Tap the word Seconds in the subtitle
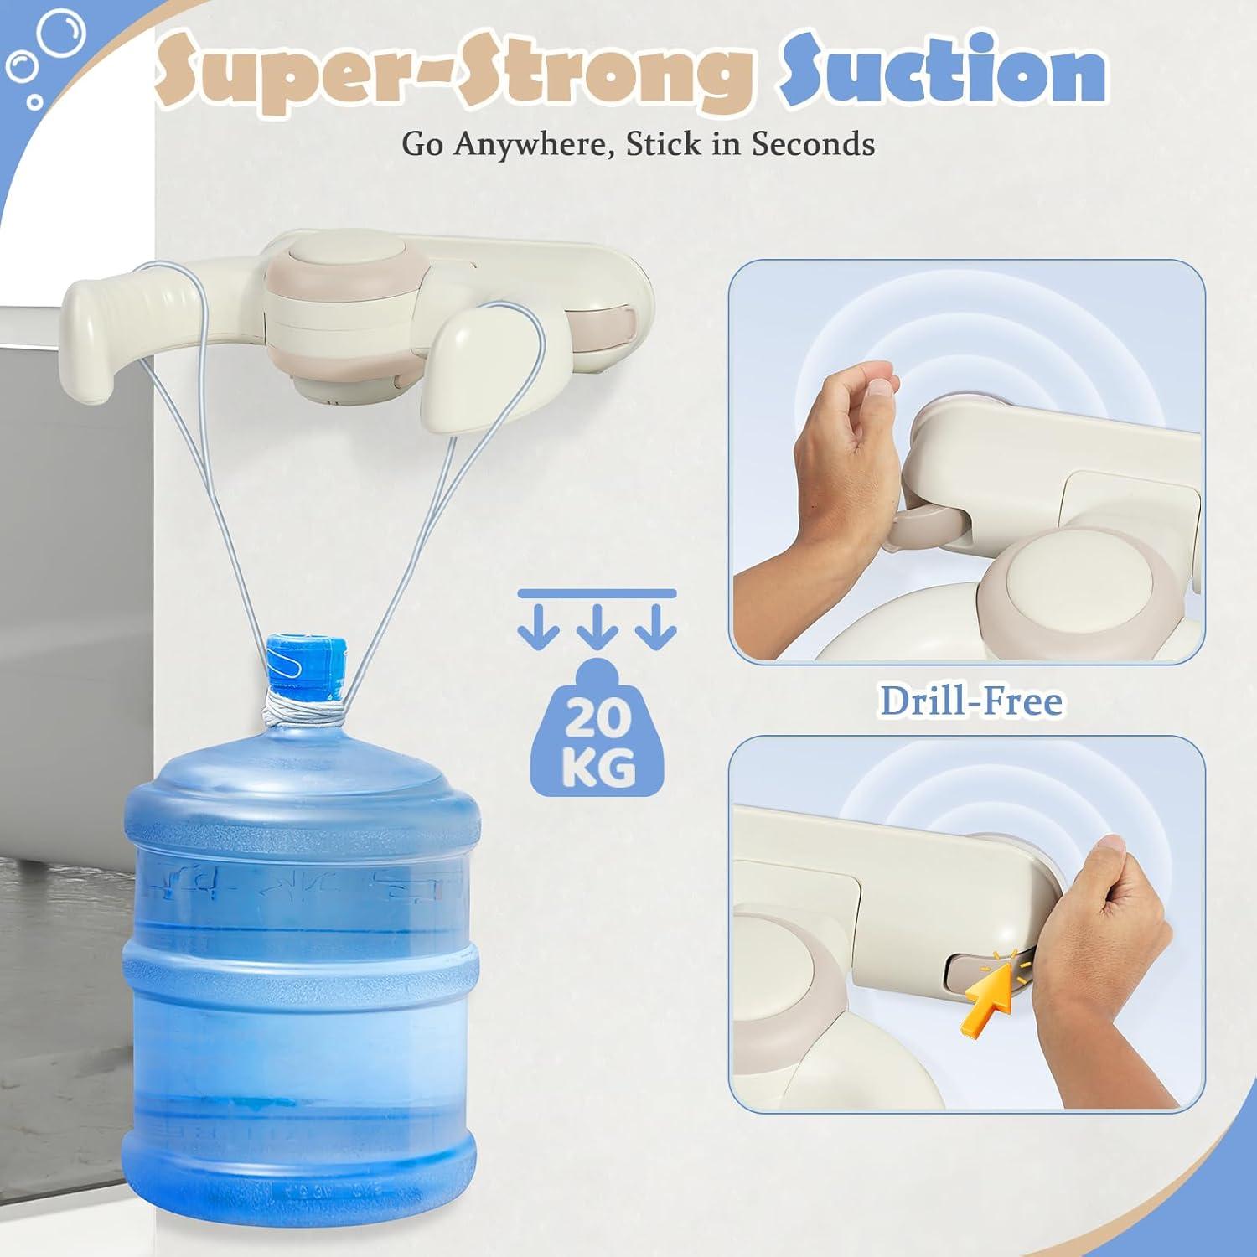[x=812, y=143]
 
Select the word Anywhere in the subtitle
[x=536, y=145]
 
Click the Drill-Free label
[x=970, y=701]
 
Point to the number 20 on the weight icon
[x=597, y=718]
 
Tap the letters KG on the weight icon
[x=597, y=765]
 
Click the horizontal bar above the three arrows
[x=597, y=593]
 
